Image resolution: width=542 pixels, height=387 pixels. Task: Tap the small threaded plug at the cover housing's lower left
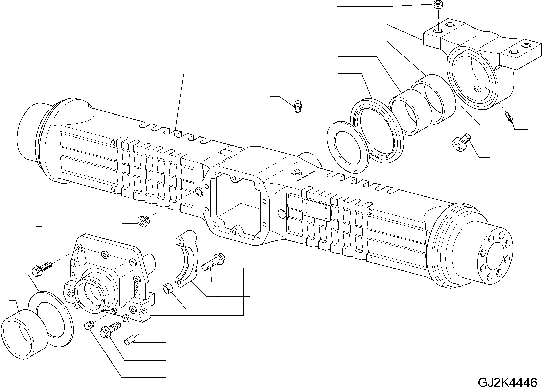pyautogui.click(x=89, y=325)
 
